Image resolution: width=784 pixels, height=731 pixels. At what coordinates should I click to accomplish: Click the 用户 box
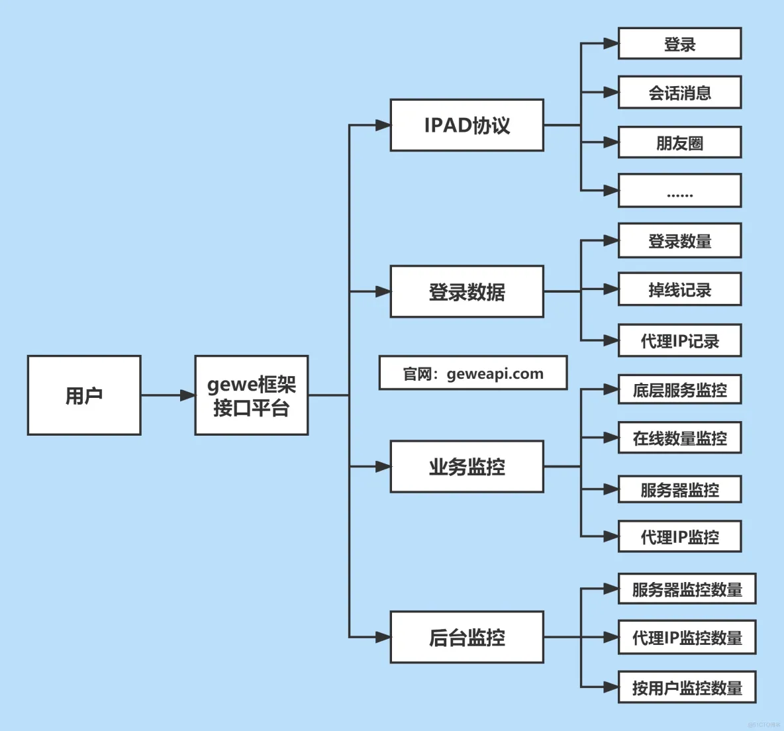84,395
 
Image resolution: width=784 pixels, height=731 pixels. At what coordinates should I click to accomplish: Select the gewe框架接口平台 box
252,395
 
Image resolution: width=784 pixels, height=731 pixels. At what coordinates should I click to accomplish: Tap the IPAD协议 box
467,125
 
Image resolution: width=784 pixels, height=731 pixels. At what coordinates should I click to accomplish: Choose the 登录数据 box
467,291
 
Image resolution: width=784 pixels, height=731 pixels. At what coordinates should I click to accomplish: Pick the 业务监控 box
467,466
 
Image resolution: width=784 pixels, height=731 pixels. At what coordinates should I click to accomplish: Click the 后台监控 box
467,637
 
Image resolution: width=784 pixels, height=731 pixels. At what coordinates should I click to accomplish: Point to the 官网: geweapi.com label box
473,373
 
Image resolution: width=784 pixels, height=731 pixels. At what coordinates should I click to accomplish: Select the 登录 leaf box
679,44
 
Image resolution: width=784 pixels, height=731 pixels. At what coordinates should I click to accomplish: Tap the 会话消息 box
679,93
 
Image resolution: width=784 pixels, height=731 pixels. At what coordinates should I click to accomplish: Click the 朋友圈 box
679,142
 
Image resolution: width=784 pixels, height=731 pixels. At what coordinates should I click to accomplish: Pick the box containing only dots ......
679,191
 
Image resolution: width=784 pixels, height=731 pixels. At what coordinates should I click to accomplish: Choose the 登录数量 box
679,241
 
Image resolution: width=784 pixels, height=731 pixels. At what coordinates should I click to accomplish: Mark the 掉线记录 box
679,289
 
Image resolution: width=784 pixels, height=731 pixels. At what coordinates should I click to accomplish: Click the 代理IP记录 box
679,341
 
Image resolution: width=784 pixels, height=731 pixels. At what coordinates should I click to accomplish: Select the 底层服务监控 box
679,389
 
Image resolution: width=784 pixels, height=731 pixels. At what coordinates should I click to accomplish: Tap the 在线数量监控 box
679,438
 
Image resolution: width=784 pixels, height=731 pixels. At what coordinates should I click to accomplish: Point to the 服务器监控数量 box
687,589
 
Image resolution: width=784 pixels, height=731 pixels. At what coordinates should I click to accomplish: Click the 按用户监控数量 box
687,687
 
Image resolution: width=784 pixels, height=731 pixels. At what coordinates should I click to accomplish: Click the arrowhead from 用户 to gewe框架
187,395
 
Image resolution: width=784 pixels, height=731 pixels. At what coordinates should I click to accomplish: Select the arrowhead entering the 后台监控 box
383,637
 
